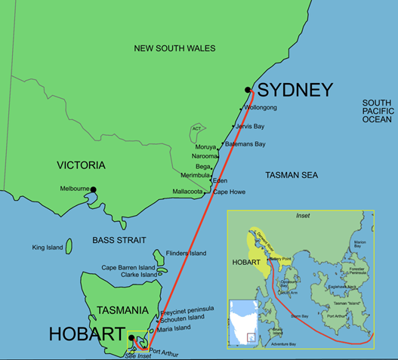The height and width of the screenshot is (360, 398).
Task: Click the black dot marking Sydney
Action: pos(248,91)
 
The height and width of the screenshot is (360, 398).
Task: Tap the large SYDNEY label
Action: pos(295,91)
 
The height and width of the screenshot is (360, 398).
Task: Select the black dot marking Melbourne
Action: pos(94,189)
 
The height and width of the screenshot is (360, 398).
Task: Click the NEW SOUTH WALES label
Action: pos(174,48)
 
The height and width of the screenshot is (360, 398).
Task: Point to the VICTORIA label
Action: pos(81,165)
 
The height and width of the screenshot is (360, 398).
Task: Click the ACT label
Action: pos(198,129)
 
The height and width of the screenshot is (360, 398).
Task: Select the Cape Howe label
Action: pos(230,192)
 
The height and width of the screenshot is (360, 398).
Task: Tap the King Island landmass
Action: pos(69,246)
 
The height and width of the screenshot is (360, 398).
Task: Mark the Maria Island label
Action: pos(174,328)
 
